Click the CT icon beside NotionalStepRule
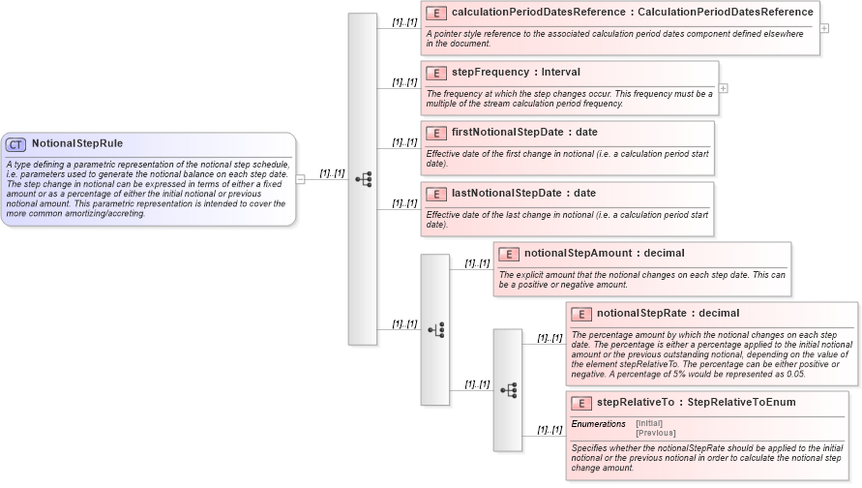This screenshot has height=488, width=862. coord(16,144)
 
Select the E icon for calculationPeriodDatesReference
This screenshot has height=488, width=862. coord(435,13)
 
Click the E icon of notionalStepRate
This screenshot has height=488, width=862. coord(580,314)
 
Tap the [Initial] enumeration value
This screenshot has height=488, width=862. coord(649,423)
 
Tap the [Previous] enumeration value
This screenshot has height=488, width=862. coord(655,433)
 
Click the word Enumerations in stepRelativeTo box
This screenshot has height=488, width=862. coord(598,424)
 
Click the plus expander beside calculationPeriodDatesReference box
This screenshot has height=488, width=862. coord(824,28)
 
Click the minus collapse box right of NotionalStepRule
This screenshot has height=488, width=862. coord(301,179)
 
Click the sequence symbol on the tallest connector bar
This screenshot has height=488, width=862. coord(363,179)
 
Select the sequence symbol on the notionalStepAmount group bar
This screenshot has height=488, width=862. coord(435,329)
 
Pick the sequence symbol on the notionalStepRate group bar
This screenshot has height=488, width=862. coord(508,390)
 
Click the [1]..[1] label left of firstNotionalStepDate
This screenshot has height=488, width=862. coord(404,142)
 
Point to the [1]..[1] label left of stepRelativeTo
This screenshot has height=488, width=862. coord(550,429)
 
